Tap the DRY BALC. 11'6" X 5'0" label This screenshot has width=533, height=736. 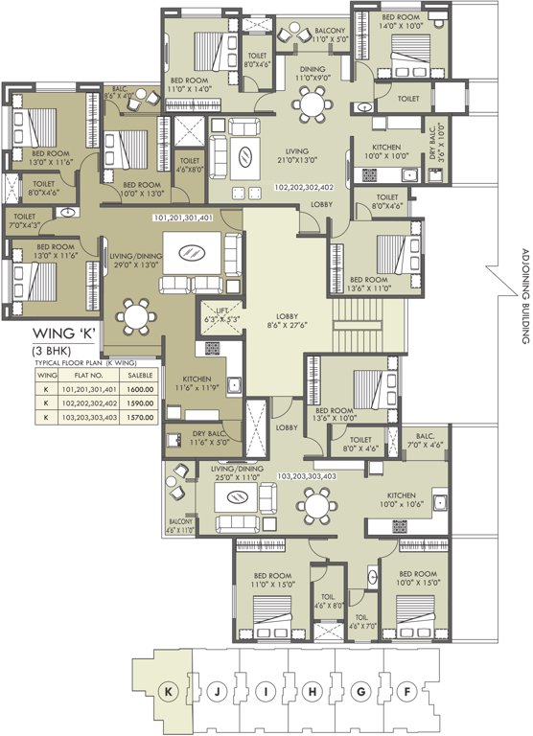[200, 437]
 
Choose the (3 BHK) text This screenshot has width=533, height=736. [52, 351]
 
